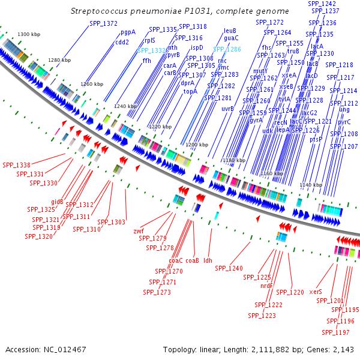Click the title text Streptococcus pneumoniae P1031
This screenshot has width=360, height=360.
[179, 11]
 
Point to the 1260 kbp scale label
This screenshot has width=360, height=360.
[92, 84]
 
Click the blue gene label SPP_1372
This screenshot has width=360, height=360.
[103, 23]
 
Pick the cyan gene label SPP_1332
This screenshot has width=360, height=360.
[152, 51]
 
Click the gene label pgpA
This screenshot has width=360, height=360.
[128, 32]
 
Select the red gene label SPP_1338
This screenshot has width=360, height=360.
[16, 165]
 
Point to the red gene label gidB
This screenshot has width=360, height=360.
[57, 202]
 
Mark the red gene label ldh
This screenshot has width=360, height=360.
[208, 260]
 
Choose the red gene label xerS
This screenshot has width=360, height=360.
[316, 292]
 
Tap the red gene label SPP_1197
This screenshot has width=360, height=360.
[335, 332]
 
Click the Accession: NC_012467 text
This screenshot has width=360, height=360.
[46, 349]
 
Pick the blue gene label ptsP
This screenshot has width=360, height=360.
[316, 139]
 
